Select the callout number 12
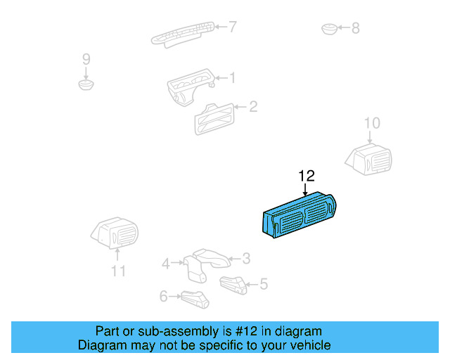point(307,176)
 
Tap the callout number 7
point(233,27)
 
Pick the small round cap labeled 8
point(329,29)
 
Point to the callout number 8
point(355,28)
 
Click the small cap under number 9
point(86,85)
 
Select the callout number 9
point(86,58)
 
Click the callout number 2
point(253,107)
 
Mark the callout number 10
point(371,124)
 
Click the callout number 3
point(246,258)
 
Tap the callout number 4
point(166,264)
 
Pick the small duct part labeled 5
point(233,284)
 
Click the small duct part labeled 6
point(195,298)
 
